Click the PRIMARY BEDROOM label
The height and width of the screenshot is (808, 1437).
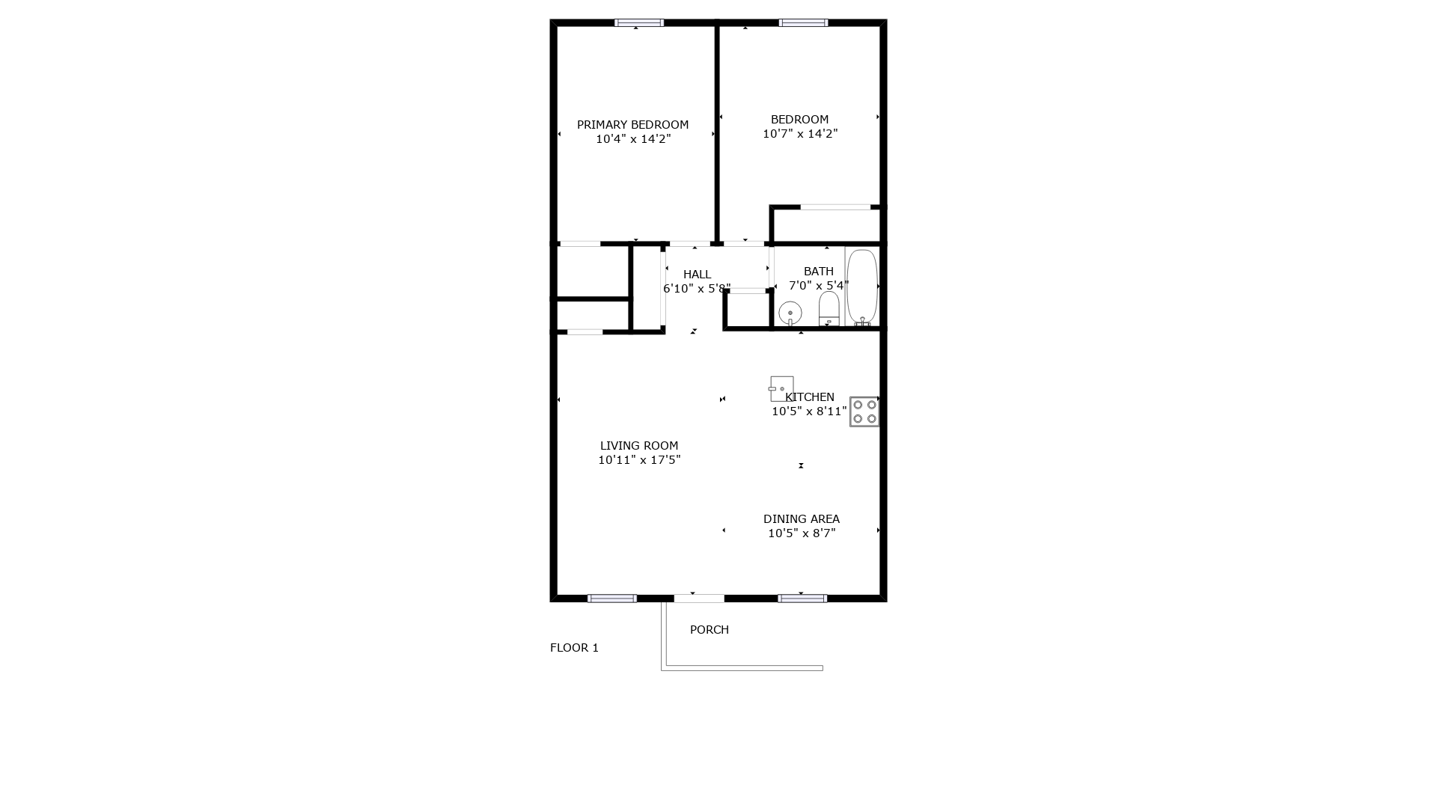point(632,125)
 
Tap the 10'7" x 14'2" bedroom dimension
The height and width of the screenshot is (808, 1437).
point(800,134)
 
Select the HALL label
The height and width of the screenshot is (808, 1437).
point(697,275)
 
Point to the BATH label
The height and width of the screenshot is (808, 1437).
point(818,272)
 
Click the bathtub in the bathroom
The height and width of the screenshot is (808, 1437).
point(861,287)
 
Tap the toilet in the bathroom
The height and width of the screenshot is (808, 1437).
point(829,309)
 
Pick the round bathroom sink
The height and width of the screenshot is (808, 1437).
point(790,313)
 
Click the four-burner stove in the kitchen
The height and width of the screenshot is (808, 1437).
point(864,411)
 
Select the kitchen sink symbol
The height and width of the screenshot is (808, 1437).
point(781,389)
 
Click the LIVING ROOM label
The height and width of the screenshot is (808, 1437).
point(639,446)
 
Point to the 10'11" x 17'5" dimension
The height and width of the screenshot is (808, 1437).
point(639,460)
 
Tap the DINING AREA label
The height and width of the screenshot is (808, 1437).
point(801,519)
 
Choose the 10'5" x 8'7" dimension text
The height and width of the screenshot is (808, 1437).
point(802,533)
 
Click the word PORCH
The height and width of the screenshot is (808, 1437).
point(709,630)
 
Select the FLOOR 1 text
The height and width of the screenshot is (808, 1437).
point(574,648)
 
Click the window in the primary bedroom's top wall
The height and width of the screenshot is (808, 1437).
point(639,23)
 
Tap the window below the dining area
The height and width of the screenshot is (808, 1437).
point(802,599)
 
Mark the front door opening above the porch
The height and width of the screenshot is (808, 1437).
point(699,599)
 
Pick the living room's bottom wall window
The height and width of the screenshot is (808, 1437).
point(612,599)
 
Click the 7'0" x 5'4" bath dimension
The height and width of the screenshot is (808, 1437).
point(819,286)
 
